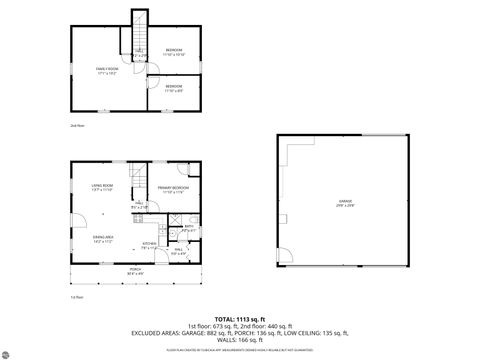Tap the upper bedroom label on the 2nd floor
(x=174, y=51)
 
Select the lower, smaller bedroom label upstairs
(x=174, y=88)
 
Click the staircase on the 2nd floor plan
(x=139, y=30)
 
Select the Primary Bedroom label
(x=175, y=189)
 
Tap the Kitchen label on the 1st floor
(x=149, y=245)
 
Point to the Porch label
(x=135, y=271)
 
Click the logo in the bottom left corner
(x=13, y=350)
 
